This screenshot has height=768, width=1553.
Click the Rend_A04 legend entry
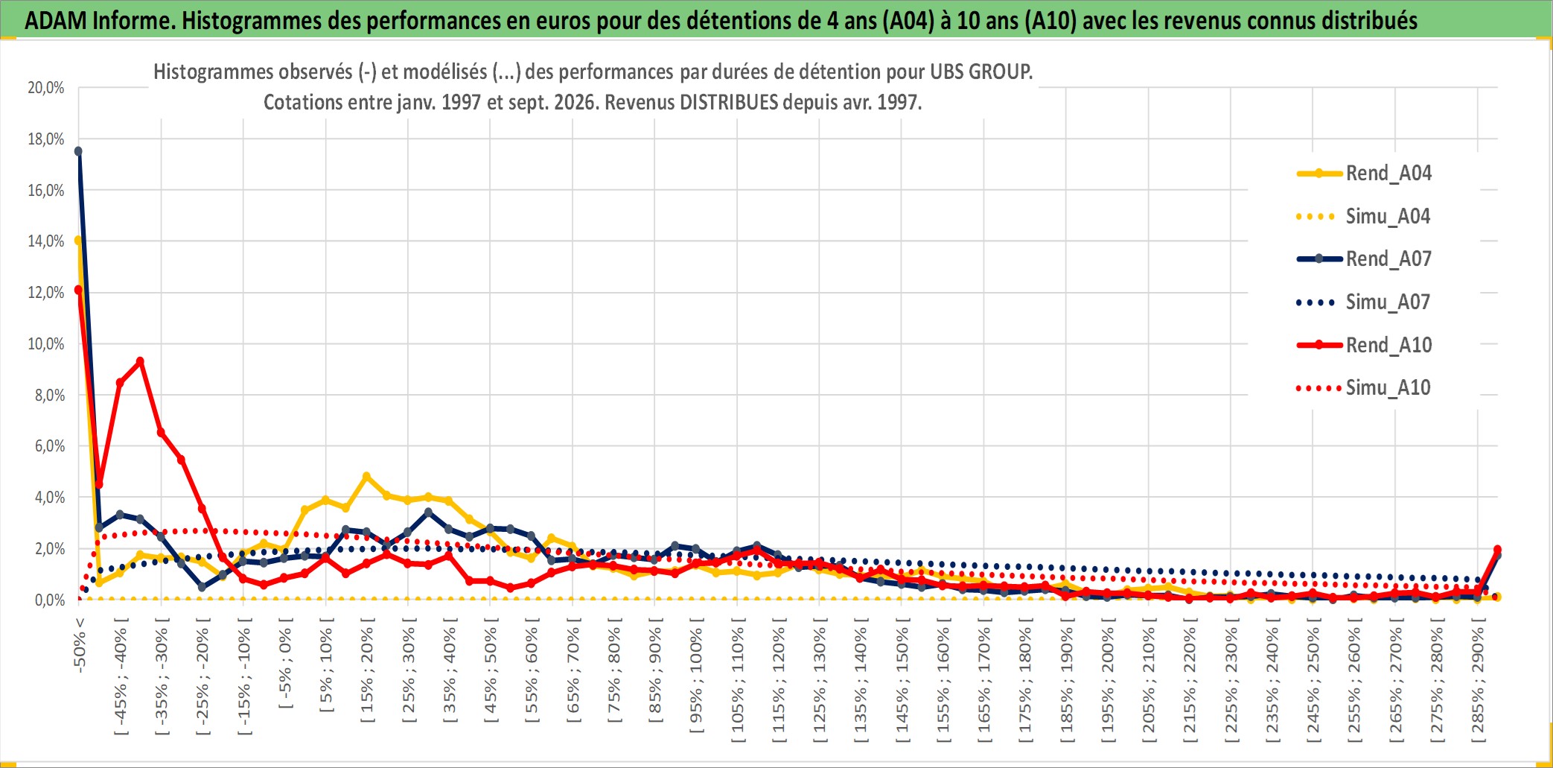(x=1364, y=174)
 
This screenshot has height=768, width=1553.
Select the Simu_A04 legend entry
(x=1364, y=217)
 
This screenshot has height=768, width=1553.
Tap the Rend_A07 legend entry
(x=1364, y=259)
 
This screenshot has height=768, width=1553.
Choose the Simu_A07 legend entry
(x=1364, y=302)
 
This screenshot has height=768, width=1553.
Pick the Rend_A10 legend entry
(x=1364, y=345)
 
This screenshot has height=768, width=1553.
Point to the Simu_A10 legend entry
(x=1364, y=388)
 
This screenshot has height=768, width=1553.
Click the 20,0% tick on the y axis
(x=46, y=88)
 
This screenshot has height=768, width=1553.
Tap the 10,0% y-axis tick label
(x=46, y=344)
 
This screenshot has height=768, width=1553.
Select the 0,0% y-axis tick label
(x=50, y=600)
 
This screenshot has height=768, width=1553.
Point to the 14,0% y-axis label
(x=46, y=241)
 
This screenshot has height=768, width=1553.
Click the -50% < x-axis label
(x=80, y=645)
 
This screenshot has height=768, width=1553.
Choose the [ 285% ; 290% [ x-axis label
(x=1478, y=680)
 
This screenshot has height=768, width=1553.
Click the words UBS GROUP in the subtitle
(x=981, y=72)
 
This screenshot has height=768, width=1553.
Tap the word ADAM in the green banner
(x=56, y=20)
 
